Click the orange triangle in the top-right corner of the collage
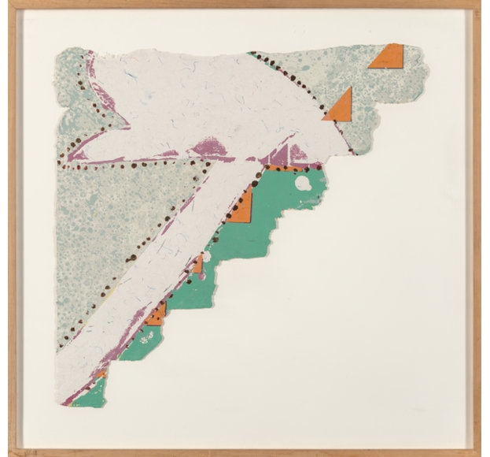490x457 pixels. tap(390, 57)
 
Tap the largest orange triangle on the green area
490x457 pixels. tap(242, 207)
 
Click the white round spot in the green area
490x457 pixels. tap(302, 184)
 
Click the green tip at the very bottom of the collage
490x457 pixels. tap(90, 394)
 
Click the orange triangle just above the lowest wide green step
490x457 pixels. tap(157, 315)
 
